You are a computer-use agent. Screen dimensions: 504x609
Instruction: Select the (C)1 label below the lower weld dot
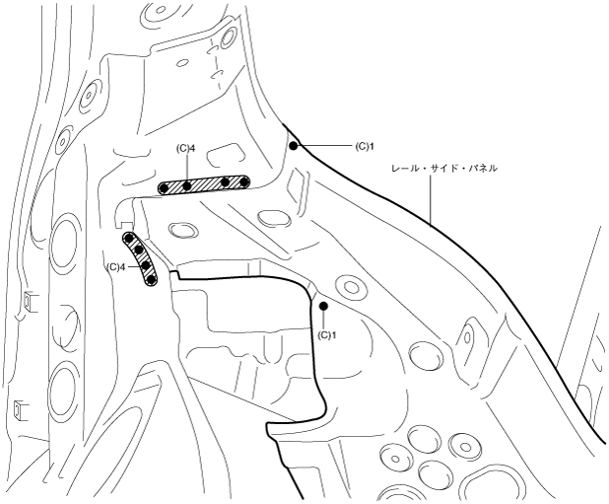[x=329, y=334]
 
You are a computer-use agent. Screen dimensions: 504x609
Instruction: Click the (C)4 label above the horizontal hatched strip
[x=188, y=149]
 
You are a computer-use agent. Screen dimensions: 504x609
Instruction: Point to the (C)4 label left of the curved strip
[x=116, y=266]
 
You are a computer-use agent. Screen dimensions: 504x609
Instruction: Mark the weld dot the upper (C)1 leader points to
[x=294, y=146]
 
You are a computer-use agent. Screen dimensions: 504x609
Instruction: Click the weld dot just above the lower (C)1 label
[x=323, y=307]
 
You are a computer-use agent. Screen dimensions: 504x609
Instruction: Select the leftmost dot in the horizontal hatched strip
[x=164, y=188]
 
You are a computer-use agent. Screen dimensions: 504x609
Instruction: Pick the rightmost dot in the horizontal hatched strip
[x=243, y=181]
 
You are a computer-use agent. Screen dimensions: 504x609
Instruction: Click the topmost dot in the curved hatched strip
[x=128, y=239]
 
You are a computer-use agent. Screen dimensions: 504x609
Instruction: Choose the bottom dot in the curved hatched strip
[x=151, y=279]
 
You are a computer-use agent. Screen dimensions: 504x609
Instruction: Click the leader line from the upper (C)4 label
[x=187, y=168]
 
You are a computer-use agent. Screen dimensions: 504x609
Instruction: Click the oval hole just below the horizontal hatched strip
[x=180, y=230]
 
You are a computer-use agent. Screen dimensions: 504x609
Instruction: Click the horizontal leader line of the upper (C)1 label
[x=325, y=146]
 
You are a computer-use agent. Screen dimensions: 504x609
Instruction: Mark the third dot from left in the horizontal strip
[x=226, y=182]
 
